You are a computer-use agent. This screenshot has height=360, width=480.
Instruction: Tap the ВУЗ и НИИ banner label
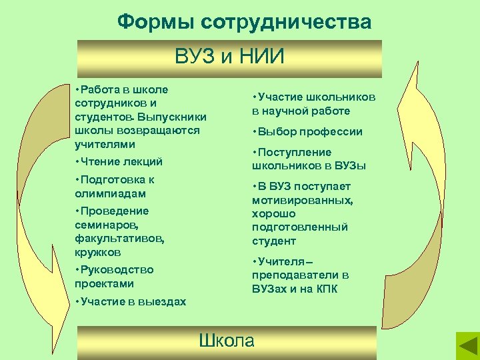229,57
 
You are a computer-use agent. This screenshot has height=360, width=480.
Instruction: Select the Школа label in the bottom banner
227,341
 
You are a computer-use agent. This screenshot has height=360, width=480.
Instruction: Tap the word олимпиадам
110,193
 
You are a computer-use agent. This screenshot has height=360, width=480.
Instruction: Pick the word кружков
98,252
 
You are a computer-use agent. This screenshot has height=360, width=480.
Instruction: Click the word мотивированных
302,200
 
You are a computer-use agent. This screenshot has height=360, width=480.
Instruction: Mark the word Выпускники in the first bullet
175,117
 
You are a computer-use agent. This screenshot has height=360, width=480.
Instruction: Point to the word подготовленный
300,227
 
